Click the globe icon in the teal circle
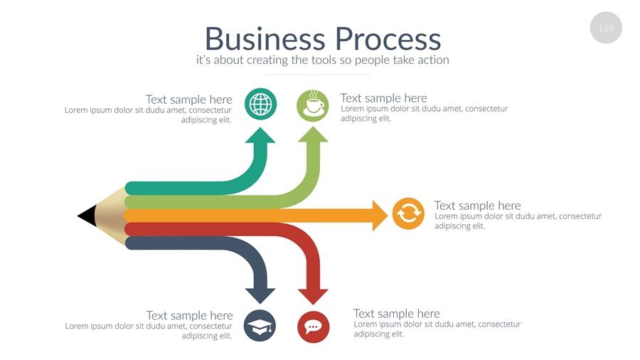261,105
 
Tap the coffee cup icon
313,106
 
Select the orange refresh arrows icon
408,213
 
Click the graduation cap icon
260,327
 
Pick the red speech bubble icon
313,327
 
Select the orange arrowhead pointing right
380,215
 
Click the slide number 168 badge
606,28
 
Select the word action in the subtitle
432,60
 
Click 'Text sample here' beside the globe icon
188,100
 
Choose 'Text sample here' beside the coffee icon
383,98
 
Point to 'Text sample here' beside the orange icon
477,206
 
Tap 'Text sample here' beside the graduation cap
189,315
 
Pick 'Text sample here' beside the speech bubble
396,314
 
